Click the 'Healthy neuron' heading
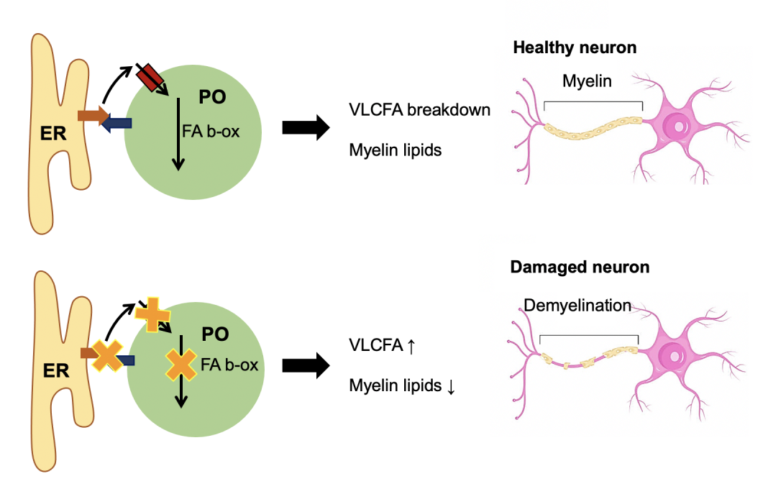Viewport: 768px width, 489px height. click(x=575, y=48)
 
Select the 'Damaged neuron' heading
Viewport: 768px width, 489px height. click(x=580, y=268)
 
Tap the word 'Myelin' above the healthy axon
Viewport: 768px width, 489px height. click(x=587, y=81)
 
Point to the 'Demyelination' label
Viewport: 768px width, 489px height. click(x=577, y=306)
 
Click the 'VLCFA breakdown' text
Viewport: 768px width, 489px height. click(x=420, y=110)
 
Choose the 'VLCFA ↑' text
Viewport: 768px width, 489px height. click(x=383, y=345)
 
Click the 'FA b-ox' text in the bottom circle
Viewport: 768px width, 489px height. click(x=230, y=365)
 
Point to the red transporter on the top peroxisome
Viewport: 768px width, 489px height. click(x=152, y=78)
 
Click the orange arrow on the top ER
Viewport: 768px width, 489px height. click(x=92, y=115)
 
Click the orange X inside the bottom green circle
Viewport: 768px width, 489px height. click(x=180, y=365)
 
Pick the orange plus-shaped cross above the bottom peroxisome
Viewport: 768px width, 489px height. click(x=152, y=314)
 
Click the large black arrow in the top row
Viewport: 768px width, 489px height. click(x=306, y=128)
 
